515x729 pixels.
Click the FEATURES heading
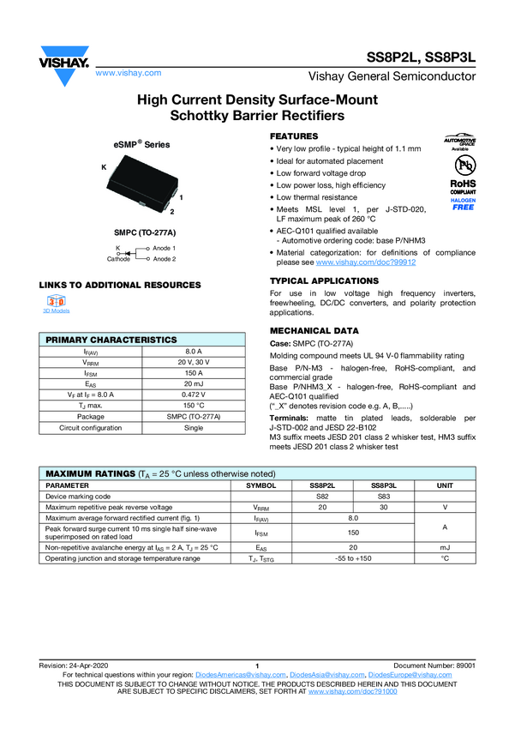294,136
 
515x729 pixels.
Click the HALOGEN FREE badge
463,204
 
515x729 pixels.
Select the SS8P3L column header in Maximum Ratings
384,485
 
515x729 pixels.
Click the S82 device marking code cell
323,496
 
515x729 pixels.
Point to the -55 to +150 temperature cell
353,558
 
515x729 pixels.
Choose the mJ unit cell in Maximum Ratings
445,546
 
